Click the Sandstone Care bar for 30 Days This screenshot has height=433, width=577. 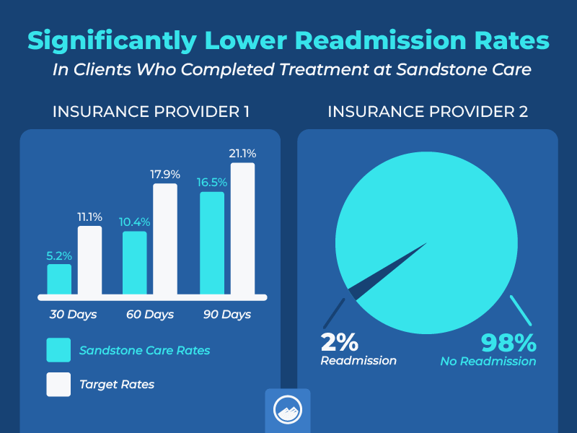click(x=59, y=280)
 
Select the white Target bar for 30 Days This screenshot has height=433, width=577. click(x=89, y=261)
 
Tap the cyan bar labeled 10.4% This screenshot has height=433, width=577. click(x=135, y=263)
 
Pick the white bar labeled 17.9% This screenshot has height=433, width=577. click(x=165, y=240)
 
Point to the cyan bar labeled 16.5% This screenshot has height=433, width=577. click(x=212, y=243)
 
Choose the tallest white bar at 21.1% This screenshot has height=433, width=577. click(x=242, y=229)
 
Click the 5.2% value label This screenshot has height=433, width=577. click(x=59, y=255)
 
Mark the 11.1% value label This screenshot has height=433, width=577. click(x=89, y=216)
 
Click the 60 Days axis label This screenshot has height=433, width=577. click(x=149, y=315)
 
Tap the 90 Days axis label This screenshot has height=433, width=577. click(x=226, y=315)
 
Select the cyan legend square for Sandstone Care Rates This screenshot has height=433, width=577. click(x=58, y=350)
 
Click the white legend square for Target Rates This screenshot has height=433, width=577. click(x=58, y=385)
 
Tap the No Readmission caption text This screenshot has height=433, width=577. click(x=488, y=361)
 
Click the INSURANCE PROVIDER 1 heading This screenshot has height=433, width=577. click(x=150, y=112)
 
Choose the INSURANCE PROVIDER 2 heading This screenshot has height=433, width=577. click(x=428, y=112)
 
